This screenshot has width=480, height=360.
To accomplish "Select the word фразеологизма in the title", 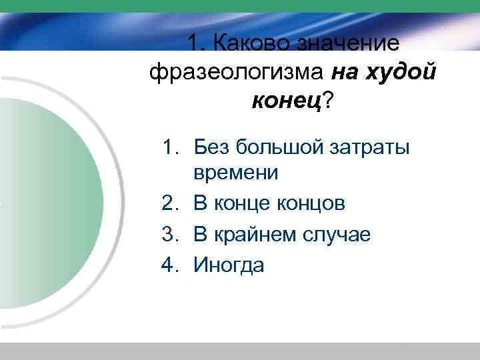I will (237, 72).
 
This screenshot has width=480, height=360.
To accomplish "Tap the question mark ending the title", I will (329, 101).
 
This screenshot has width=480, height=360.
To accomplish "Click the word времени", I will (235, 173).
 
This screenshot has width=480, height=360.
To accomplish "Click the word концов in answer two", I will (313, 203).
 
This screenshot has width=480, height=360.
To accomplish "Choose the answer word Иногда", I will (229, 265).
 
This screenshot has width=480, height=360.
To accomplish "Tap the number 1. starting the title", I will (195, 43).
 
